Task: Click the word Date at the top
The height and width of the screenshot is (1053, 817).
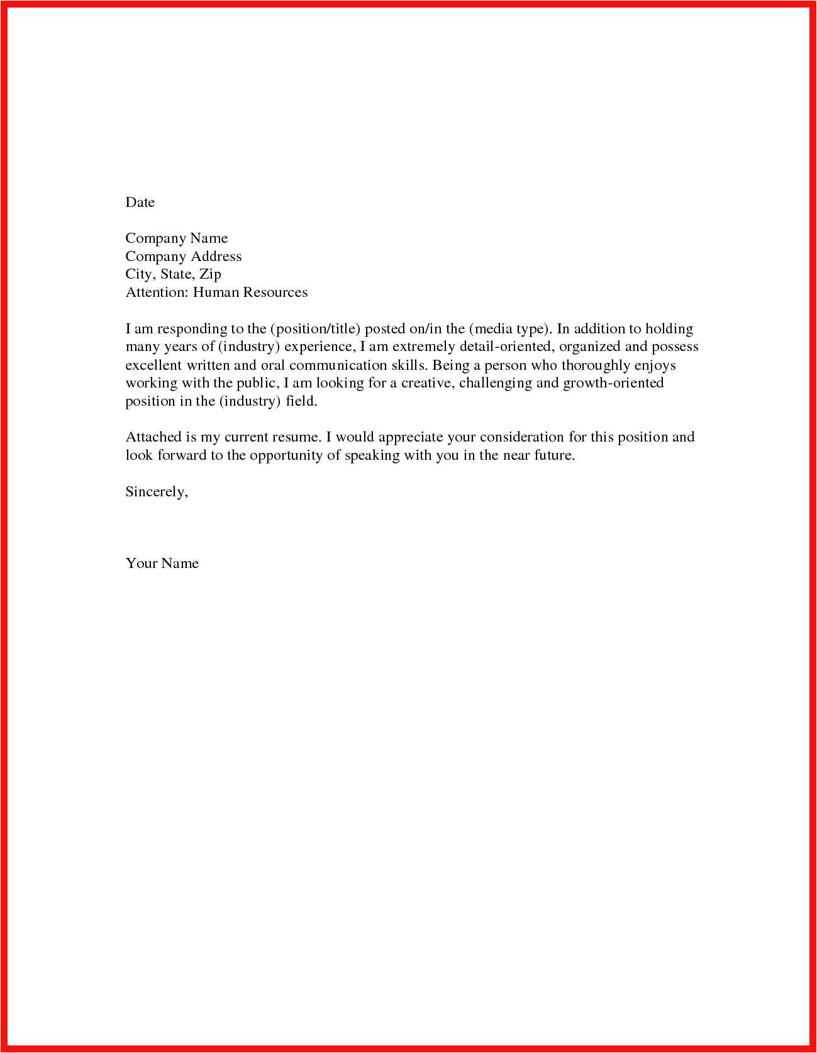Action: [140, 202]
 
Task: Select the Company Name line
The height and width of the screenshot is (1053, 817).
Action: [176, 238]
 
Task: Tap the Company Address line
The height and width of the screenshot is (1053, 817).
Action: [183, 256]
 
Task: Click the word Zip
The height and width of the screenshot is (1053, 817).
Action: [210, 274]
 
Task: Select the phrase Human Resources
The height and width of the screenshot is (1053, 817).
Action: [250, 292]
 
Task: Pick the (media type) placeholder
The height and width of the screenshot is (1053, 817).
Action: [510, 328]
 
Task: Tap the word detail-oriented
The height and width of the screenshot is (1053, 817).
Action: [504, 347]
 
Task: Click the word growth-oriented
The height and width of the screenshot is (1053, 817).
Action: [613, 383]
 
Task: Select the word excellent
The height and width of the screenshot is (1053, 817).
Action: [153, 365]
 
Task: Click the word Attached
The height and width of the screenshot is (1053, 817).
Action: [153, 437]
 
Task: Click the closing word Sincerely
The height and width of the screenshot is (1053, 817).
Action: [156, 492]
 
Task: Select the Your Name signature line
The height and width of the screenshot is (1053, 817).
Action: [162, 563]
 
